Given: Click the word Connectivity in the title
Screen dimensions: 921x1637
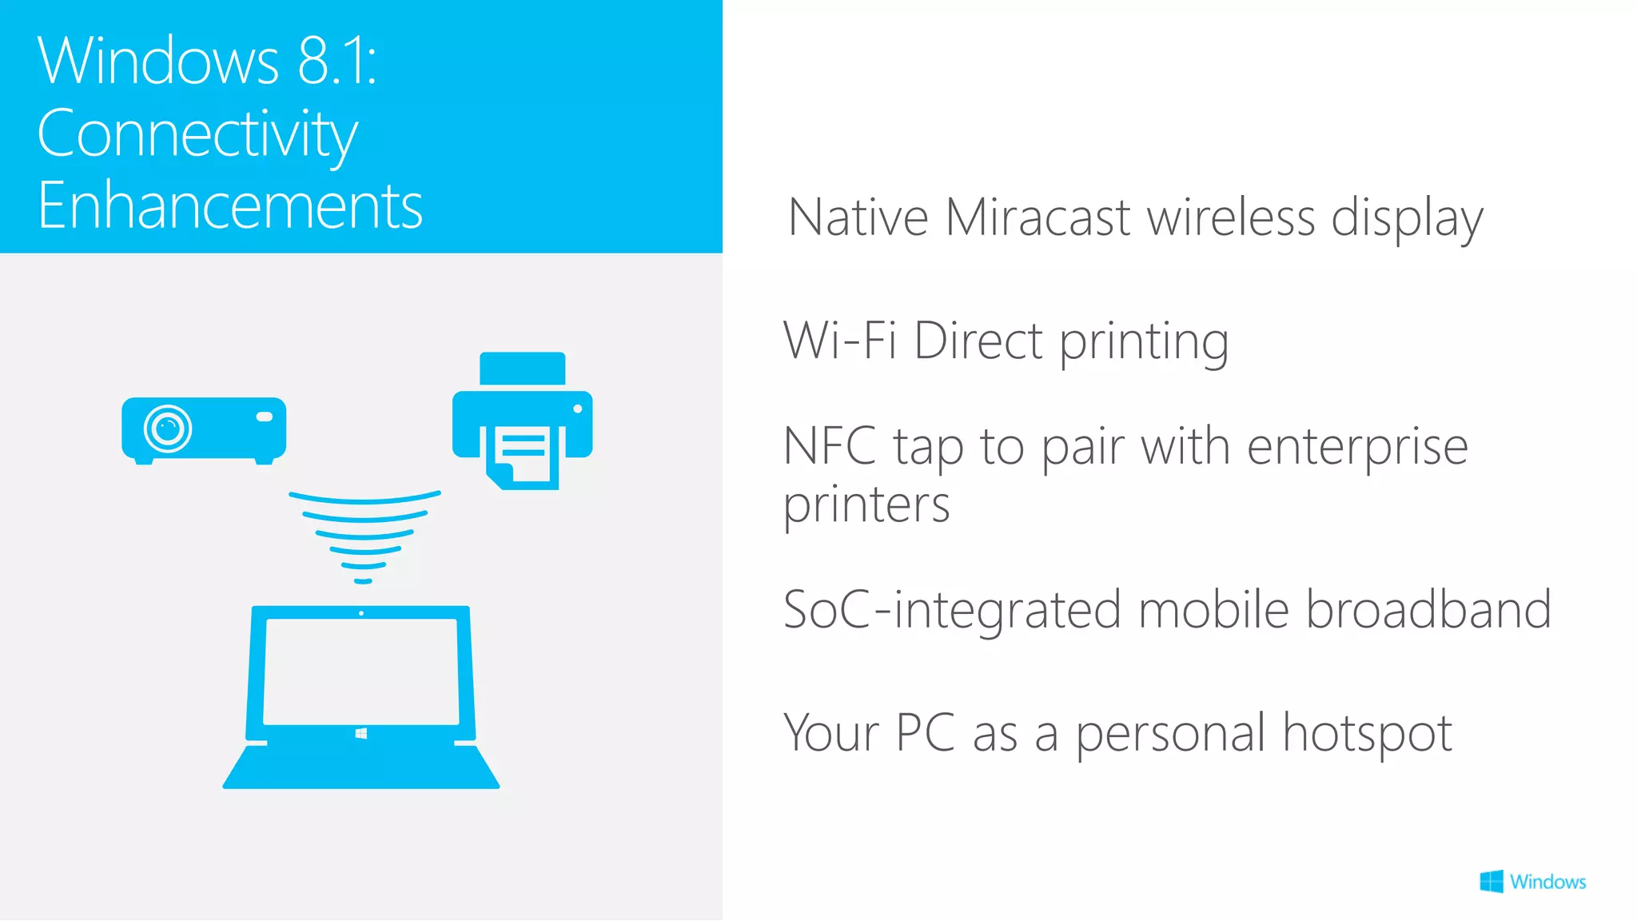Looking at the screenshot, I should [x=197, y=134].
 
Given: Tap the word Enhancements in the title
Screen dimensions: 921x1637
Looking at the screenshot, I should [x=230, y=206].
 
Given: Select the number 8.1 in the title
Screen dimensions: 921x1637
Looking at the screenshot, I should [x=336, y=61].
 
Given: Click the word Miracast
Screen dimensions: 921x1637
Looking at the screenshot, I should [x=1038, y=217].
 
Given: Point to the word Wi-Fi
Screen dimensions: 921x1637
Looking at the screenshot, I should [x=839, y=341].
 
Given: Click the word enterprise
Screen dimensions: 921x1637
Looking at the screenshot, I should [x=1357, y=446].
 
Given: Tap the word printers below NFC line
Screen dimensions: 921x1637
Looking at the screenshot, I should [x=866, y=505].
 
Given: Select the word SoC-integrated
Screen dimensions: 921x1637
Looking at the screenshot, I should [x=952, y=609].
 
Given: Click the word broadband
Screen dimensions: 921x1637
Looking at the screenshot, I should [x=1428, y=609].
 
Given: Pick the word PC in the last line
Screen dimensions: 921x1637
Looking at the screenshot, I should [x=925, y=732].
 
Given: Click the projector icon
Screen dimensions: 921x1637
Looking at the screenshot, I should [x=204, y=429].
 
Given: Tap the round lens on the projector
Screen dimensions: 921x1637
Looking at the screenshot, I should [x=168, y=429].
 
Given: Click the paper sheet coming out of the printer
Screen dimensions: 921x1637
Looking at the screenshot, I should [x=524, y=457].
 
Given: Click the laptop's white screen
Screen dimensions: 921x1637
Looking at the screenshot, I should [x=361, y=672].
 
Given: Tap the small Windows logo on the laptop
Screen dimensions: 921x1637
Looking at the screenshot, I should [x=361, y=733].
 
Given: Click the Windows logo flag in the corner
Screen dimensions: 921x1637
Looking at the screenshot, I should [x=1492, y=882].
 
